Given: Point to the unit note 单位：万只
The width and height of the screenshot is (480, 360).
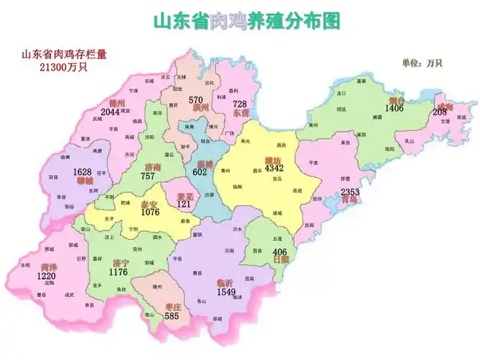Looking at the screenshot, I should (422, 63).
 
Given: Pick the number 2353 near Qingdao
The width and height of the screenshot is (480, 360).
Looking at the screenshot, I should (350, 192).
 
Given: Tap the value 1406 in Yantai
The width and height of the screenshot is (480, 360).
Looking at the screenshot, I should (394, 108).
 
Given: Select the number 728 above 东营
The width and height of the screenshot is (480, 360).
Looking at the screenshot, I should (240, 104).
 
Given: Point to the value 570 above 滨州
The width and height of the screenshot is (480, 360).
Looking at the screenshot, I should (196, 99).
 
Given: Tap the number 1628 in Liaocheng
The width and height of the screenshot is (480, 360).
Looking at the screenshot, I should (83, 172).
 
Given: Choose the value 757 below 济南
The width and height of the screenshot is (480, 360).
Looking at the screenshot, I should (148, 176).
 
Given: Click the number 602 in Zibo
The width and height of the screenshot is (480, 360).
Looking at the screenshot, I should (200, 172).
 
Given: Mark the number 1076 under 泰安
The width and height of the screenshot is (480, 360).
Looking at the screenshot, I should (150, 212).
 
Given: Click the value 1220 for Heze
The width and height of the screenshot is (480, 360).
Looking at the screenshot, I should (47, 276).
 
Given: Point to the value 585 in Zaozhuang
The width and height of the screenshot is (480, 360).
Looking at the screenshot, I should (171, 315).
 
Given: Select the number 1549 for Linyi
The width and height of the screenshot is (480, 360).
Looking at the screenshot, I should (226, 292).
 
